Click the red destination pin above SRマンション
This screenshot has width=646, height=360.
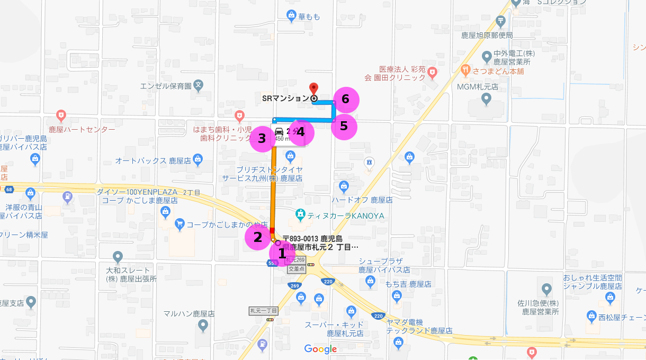313,88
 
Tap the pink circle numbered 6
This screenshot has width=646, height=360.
346,99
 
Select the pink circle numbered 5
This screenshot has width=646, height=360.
344,127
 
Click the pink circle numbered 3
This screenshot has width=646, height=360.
262,139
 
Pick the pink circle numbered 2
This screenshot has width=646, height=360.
258,237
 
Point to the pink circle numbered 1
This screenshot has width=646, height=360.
282,253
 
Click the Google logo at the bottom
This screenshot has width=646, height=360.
320,349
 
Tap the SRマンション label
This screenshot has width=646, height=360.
285,98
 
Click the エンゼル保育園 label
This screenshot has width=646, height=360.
165,85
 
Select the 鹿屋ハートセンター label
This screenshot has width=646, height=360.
82,129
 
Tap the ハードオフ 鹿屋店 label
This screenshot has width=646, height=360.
362,200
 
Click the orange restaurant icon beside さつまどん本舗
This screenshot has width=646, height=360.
465,69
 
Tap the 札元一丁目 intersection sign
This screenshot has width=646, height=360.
264,311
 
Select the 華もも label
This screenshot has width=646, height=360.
309,17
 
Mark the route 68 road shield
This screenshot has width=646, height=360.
8,189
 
